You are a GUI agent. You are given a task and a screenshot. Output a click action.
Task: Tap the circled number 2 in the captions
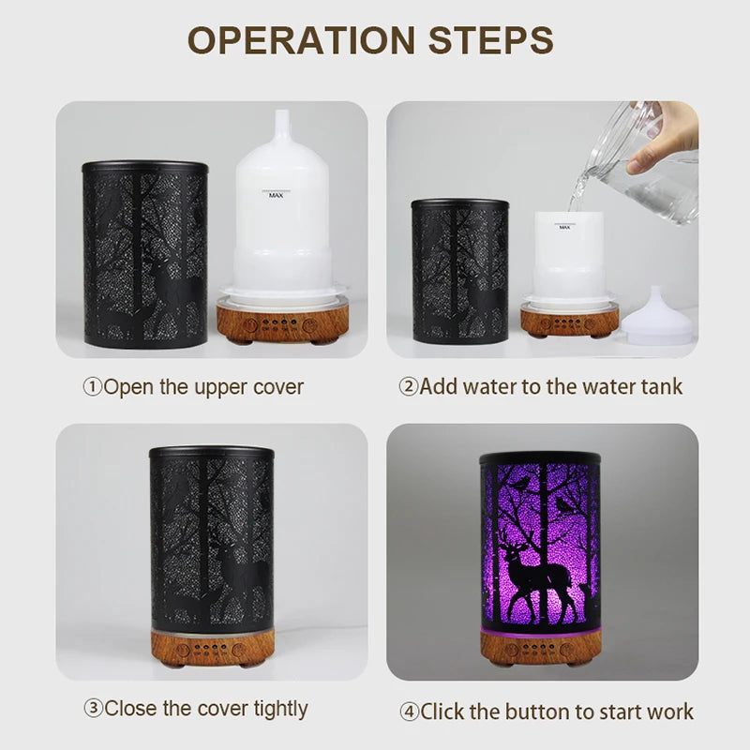click(x=409, y=386)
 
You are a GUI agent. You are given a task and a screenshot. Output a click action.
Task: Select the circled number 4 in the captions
click(x=409, y=712)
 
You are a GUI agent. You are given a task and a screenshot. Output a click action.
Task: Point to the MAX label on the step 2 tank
click(x=564, y=227)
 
